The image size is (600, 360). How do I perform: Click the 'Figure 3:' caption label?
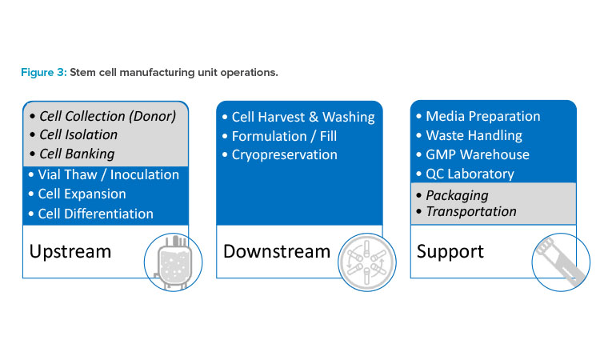coord(44,72)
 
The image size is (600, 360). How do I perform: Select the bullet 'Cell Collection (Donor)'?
coord(107,116)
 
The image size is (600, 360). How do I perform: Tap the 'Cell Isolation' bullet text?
coord(78,134)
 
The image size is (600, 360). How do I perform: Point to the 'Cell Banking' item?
coord(77,154)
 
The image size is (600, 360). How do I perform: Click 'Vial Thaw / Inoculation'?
coord(108,175)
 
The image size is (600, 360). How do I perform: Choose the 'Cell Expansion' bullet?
coord(82,194)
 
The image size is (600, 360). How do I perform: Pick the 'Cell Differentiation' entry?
coord(96,214)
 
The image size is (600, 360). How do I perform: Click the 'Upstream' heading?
coord(70,252)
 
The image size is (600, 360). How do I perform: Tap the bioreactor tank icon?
coord(174,262)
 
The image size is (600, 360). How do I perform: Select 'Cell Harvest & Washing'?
coord(303,117)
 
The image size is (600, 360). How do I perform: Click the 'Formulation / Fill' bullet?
coord(284,136)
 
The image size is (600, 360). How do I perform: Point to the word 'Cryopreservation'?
coord(285,155)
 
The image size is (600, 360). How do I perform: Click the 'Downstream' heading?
coord(277,252)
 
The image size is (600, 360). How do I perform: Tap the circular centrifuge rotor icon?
coord(367,262)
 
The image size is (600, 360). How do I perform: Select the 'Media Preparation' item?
coord(483,116)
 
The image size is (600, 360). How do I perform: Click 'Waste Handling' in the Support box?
coord(474,135)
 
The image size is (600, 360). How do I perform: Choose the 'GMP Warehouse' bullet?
coord(478,154)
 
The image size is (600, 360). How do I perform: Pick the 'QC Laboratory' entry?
coord(470,174)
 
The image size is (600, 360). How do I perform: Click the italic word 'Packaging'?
coord(458,195)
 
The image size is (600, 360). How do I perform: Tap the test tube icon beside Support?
coord(560,262)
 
